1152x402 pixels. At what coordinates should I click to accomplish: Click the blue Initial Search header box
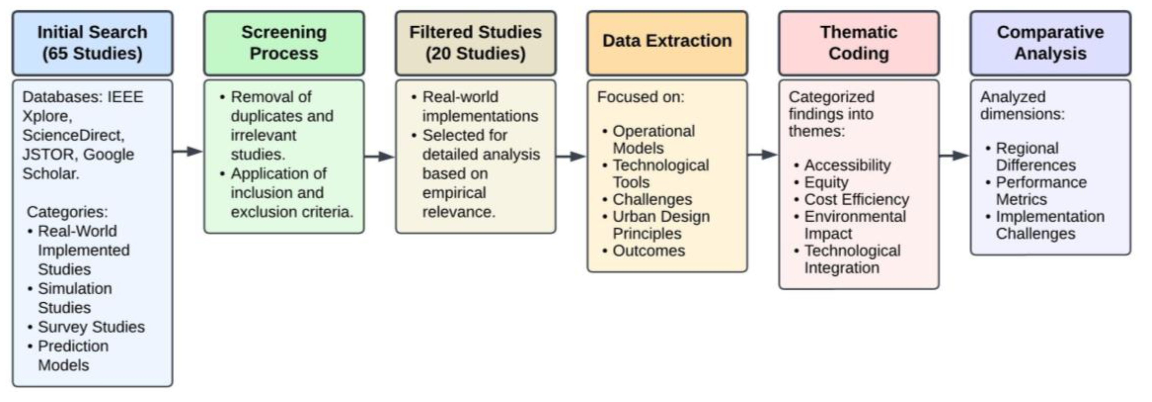pyautogui.click(x=92, y=43)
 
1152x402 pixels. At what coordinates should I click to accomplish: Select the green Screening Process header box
pyautogui.click(x=284, y=43)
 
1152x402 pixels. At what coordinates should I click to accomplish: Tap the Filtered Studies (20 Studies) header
pyautogui.click(x=475, y=43)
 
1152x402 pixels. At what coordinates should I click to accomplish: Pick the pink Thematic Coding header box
pyautogui.click(x=859, y=43)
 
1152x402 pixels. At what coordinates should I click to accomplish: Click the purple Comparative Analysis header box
pyautogui.click(x=1050, y=43)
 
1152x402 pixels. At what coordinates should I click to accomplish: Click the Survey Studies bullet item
pyautogui.click(x=91, y=327)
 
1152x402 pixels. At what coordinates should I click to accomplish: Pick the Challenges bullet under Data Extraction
pyautogui.click(x=652, y=199)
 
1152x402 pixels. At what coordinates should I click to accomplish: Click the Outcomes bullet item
pyautogui.click(x=648, y=251)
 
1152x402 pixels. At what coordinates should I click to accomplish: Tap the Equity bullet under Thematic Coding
pyautogui.click(x=826, y=182)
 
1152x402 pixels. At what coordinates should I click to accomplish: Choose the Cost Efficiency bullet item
pyautogui.click(x=856, y=199)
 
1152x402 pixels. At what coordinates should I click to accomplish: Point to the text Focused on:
pyautogui.click(x=640, y=97)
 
